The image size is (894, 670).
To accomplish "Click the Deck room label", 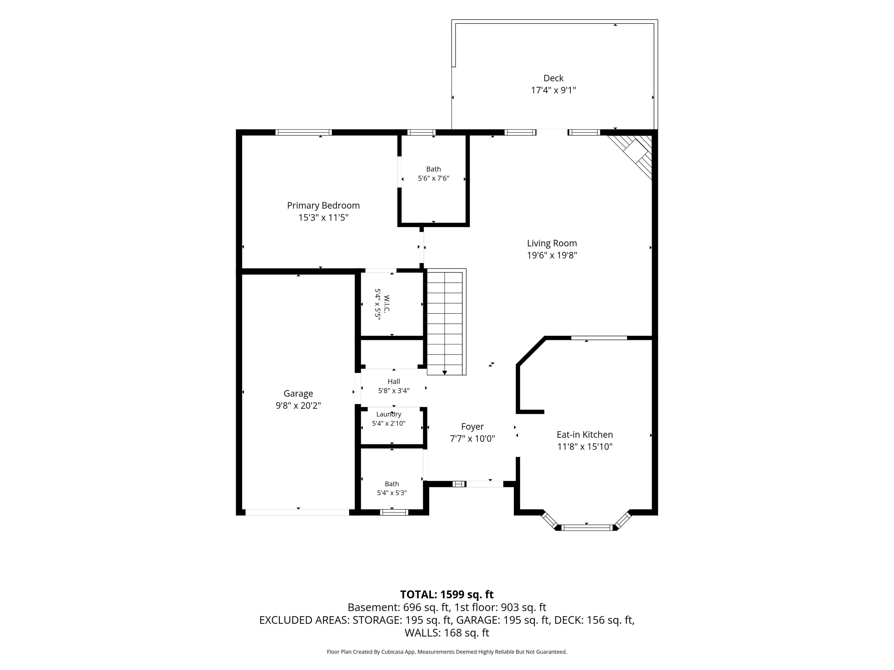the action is [x=553, y=78].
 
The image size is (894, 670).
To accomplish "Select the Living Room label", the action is [x=552, y=243].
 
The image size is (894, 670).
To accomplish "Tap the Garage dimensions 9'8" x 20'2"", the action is [x=298, y=405].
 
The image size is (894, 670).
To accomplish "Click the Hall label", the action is [x=394, y=381].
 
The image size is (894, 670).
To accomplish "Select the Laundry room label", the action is [x=389, y=414].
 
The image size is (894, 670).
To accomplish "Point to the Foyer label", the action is [x=472, y=426].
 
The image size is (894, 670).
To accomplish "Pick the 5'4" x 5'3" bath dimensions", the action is [x=392, y=493].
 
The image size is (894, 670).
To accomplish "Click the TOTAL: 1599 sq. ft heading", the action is [x=447, y=594].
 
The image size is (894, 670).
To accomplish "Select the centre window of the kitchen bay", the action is [x=586, y=527].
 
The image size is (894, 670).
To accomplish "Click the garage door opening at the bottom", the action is [x=298, y=513].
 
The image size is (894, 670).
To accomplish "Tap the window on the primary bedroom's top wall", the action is [x=304, y=132].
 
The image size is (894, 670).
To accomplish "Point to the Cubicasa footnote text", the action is [x=447, y=651].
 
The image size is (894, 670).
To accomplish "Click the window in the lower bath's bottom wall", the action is [x=394, y=513].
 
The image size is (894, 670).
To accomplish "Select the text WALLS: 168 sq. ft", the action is [x=447, y=633].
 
